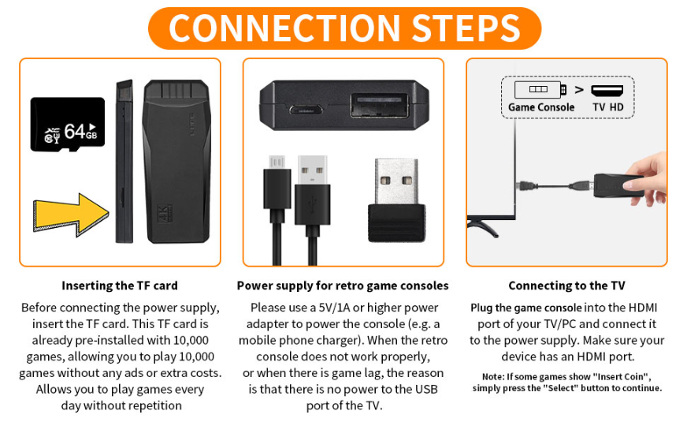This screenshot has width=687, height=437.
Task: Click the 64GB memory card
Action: pos(68,125)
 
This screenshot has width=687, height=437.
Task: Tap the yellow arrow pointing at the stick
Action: pos(72,215)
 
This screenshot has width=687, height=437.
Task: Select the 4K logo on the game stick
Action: pos(162,214)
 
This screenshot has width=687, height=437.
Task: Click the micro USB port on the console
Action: pos(306,109)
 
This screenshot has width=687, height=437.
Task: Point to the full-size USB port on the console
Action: pos(380,106)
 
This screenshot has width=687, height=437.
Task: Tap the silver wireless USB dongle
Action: pos(396,200)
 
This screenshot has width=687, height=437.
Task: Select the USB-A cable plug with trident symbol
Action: pos(313,189)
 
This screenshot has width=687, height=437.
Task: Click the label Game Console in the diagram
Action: pos(541,107)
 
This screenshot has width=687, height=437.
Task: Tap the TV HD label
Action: pos(607,107)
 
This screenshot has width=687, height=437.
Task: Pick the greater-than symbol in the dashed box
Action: pos(579,90)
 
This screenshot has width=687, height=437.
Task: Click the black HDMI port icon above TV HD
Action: pos(607,91)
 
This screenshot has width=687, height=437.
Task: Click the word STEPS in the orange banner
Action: pos(466,28)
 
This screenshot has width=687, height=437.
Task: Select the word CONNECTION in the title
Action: pos(284,28)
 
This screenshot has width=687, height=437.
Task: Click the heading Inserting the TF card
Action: pos(120,286)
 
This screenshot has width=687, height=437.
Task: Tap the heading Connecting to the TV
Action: pos(566,286)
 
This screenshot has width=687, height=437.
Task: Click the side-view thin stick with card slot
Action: pos(124,162)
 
